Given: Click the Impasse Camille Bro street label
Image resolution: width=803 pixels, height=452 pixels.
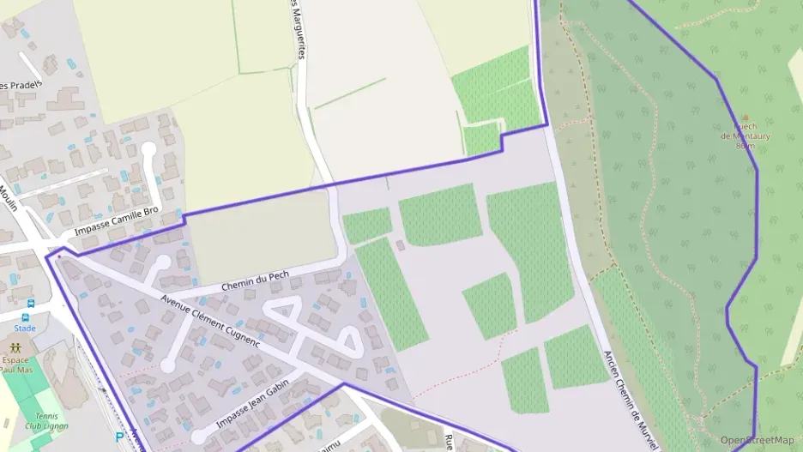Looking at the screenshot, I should coord(117,222).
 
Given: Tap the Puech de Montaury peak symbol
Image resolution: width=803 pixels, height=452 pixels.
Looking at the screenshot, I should coord(745,118).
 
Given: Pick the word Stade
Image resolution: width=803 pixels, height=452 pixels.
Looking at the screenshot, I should coord(25,328).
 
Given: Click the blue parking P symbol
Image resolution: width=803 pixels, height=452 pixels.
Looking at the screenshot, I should coord(119,437).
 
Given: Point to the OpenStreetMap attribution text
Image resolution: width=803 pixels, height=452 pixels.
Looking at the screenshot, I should coord(758,440).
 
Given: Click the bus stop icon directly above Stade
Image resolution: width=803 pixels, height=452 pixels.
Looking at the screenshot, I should coord(30,304).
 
